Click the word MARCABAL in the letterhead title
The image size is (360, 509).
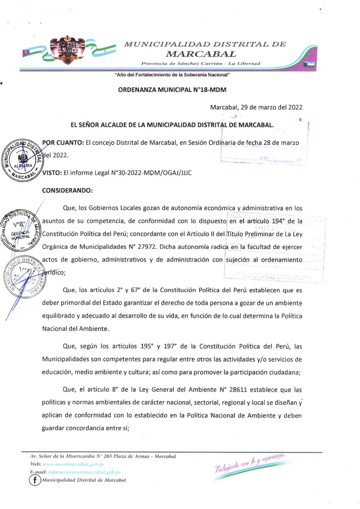pos(201,54)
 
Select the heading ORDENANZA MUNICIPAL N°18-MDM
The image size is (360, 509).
pos(172,90)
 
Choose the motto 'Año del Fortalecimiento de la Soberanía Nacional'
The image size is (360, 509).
pos(172,75)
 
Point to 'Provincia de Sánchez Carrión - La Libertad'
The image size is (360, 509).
pos(200,64)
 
